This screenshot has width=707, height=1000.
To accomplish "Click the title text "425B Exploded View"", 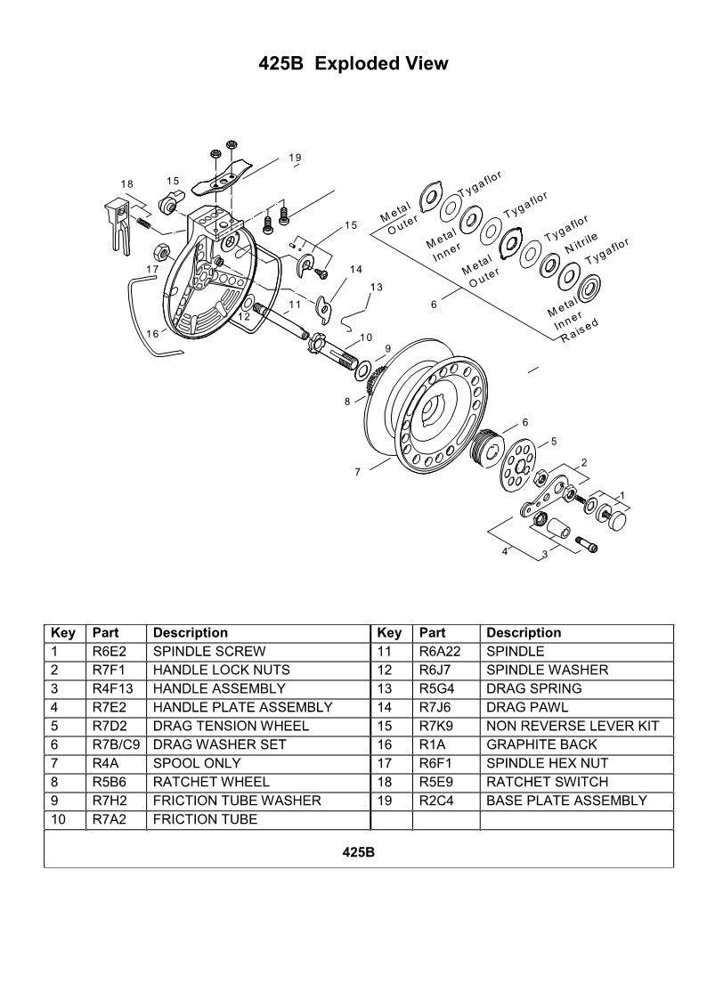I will pos(353,64).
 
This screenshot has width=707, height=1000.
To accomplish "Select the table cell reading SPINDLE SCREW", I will pos(208,651).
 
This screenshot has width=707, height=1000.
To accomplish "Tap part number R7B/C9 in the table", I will pos(116,744).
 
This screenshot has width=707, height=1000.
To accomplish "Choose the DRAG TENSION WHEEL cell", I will pos(231,726).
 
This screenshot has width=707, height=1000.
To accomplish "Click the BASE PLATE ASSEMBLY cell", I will pos(566,801).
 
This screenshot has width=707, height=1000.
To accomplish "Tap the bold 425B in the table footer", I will pos(358,852).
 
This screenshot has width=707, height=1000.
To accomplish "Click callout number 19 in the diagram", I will pos(295,158).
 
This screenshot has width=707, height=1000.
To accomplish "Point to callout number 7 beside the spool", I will pos(357,472).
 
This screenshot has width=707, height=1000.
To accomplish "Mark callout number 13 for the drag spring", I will pos(376,287).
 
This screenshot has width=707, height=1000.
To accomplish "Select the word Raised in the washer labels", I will pos(581,334).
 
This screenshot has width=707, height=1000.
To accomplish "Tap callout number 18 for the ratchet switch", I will pos(127,183).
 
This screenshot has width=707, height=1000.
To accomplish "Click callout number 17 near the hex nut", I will pos(153,267).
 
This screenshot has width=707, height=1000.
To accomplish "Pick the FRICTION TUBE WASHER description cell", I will pos(237,801).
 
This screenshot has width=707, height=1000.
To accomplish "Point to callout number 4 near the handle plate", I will pos(504,551).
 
